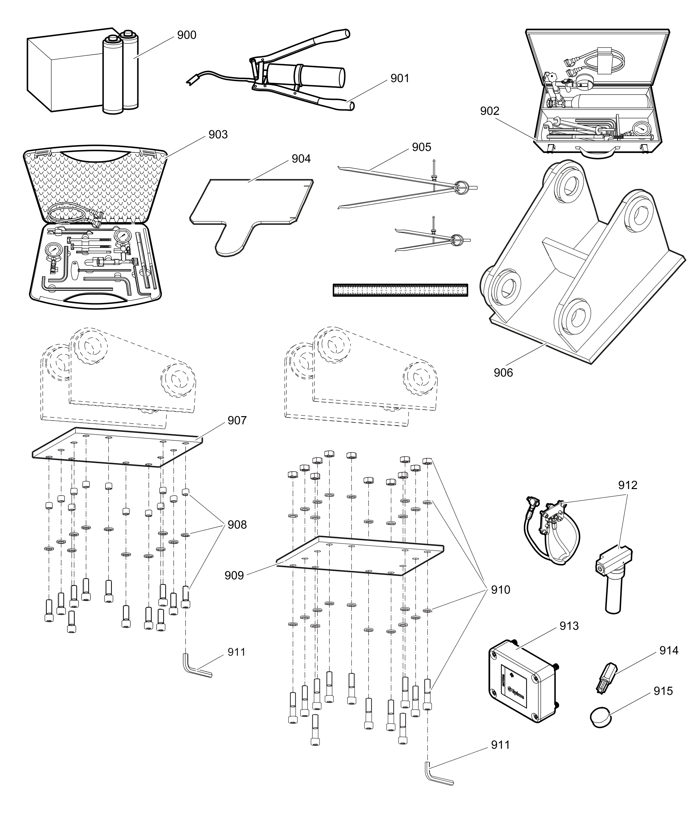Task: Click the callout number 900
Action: [x=186, y=35]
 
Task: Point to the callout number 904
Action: [x=301, y=159]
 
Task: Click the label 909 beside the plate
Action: [x=234, y=575]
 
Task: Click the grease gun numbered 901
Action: [x=301, y=75]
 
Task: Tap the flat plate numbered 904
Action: [x=253, y=206]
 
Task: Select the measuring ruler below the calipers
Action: [x=400, y=290]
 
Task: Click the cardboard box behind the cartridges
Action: [x=63, y=75]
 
